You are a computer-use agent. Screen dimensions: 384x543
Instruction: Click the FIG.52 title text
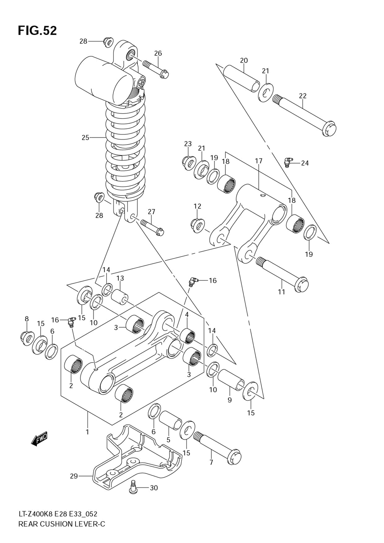point(37,31)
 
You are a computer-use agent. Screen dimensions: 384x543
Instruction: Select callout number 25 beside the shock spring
point(86,138)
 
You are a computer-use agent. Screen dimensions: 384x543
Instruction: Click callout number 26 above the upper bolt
point(158,53)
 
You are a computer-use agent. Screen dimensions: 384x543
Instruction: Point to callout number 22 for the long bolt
point(303,96)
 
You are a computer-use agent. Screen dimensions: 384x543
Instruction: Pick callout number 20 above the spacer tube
point(244,60)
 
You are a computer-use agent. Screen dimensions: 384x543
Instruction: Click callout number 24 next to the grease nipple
point(305,163)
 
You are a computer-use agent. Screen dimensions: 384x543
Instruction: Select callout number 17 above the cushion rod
point(258,161)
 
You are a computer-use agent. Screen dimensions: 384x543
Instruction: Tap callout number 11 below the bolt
point(281,292)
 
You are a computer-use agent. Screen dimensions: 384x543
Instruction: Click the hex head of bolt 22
point(329,129)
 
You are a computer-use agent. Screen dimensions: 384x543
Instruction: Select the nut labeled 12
point(198,225)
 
